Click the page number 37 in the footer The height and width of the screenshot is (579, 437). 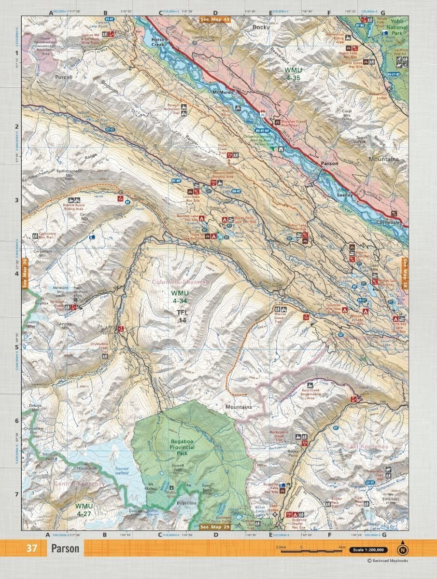pyautogui.click(x=32, y=549)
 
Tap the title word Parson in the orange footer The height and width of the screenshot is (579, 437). pyautogui.click(x=66, y=549)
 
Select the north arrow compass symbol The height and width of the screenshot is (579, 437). pyautogui.click(x=402, y=549)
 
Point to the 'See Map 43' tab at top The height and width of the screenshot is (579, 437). pyautogui.click(x=215, y=20)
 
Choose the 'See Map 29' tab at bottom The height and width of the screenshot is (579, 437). pyautogui.click(x=215, y=527)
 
